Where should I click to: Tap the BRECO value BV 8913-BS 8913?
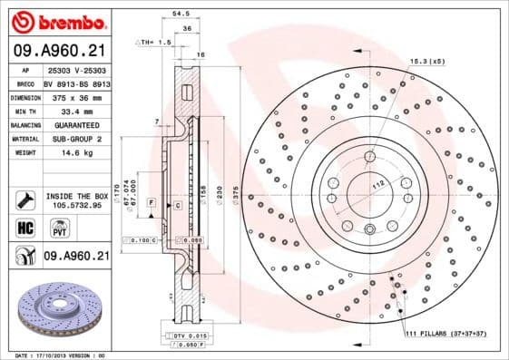pos(75,83)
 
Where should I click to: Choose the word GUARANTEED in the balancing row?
pos(75,124)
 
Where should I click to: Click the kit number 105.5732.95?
pos(75,205)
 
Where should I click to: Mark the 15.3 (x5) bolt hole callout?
pos(426,61)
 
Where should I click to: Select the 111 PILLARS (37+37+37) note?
pos(445,336)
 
